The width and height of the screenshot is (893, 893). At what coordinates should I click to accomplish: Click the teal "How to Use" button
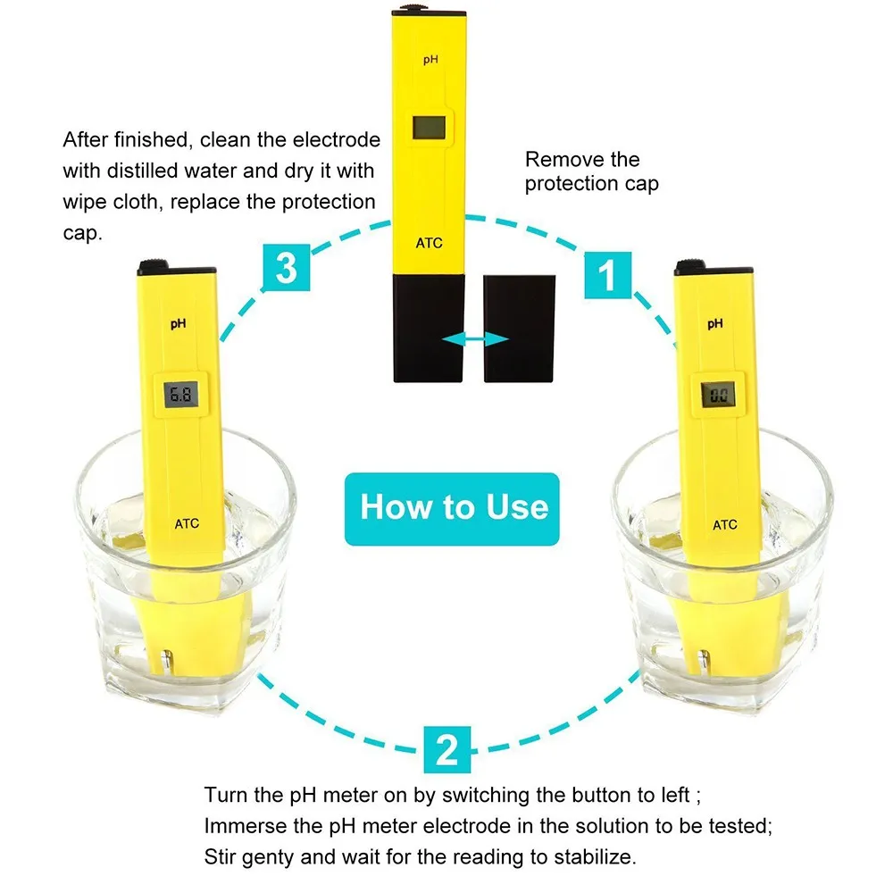[454, 508]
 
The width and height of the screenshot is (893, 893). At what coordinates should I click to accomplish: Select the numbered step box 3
[286, 267]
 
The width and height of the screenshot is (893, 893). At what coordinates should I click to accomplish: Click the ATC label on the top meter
[429, 243]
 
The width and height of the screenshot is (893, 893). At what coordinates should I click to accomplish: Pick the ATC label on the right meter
[725, 525]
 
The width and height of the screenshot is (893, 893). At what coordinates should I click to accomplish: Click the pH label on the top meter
[430, 60]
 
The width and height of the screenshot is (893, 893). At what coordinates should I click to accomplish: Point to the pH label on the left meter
[179, 326]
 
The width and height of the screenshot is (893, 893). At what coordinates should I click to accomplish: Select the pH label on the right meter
[715, 324]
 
